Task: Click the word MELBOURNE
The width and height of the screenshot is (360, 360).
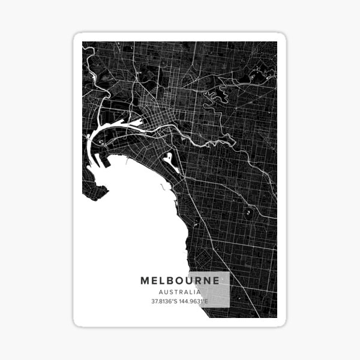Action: (x=180, y=280)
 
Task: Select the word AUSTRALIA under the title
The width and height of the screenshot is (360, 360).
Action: (x=180, y=292)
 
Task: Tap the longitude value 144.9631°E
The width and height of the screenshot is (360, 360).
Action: (x=194, y=301)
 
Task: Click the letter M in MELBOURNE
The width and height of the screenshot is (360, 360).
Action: (x=145, y=280)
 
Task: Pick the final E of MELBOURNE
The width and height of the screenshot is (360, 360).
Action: (x=216, y=280)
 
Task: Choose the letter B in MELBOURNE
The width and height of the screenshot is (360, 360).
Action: (x=173, y=280)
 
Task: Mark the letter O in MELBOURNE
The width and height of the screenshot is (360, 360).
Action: (x=184, y=280)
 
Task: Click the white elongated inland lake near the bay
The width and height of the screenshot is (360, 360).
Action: (x=170, y=161)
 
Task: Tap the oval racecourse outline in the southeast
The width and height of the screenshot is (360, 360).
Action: (x=247, y=212)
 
